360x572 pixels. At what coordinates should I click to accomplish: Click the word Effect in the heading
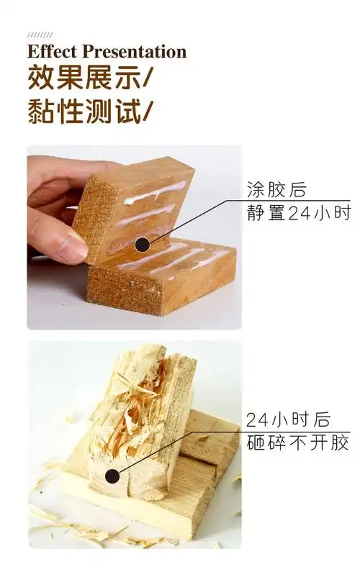[x=53, y=52]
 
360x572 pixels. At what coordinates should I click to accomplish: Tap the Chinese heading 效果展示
[x=78, y=78]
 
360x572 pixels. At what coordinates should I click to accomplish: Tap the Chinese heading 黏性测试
[x=78, y=112]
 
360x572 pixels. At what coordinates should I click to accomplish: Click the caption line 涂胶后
[x=276, y=191]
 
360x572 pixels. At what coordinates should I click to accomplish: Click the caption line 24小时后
[x=287, y=419]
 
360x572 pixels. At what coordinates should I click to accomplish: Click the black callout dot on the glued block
[x=143, y=245]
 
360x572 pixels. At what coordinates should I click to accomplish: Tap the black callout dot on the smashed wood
[x=112, y=475]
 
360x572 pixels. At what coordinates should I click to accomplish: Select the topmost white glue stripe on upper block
[x=154, y=192]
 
